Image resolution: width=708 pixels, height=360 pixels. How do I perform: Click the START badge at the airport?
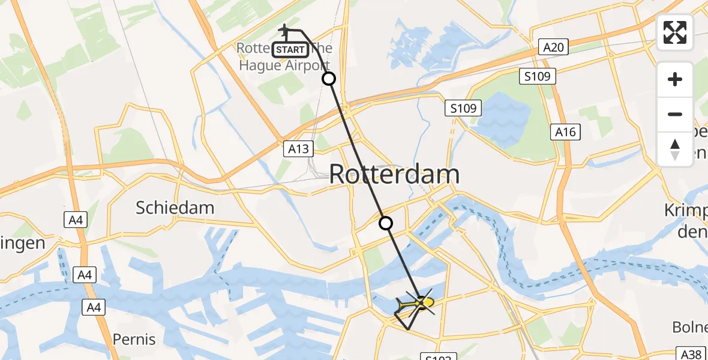(291, 50)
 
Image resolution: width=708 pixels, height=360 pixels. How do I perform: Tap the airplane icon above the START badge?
(286, 29)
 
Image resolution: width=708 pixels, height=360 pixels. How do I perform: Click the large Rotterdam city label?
(394, 175)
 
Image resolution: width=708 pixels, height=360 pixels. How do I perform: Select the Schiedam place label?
(175, 208)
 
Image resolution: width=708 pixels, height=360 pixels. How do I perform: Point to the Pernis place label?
(134, 339)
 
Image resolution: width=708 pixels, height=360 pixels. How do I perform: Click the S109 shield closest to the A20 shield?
(538, 76)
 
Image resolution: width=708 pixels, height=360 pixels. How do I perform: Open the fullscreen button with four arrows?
(675, 32)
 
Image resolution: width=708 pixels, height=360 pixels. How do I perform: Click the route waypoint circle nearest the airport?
(329, 79)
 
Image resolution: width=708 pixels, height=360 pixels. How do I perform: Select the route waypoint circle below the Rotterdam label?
(386, 223)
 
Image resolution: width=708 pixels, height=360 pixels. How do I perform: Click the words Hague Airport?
(284, 65)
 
